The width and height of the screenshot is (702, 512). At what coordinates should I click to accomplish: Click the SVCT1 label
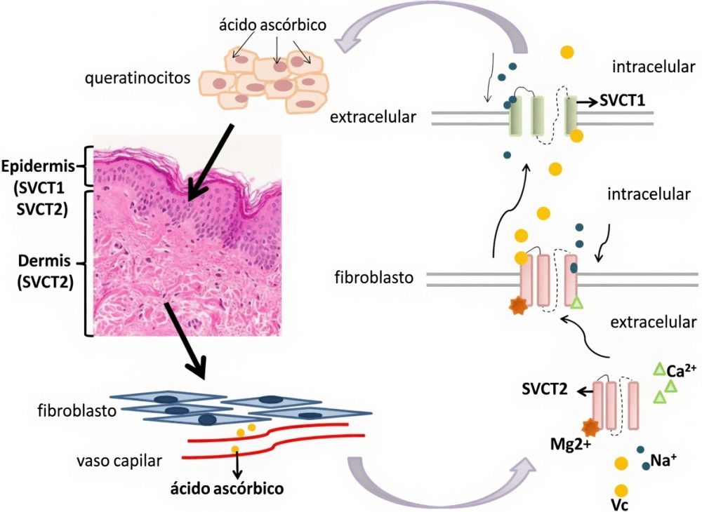coord(622,100)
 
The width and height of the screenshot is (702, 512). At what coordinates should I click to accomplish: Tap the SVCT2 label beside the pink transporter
coord(545,389)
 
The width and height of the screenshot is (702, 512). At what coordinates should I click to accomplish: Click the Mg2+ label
coord(571,444)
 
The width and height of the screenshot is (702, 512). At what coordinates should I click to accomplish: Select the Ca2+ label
coord(682,370)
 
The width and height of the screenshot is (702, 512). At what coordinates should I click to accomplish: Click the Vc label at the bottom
coord(620,505)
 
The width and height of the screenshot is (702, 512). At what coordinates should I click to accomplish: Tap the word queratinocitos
coord(138,79)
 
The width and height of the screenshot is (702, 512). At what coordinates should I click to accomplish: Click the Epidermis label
coord(38,166)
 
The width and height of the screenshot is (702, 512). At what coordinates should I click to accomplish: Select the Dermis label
coord(44,260)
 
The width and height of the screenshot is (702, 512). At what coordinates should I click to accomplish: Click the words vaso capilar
coord(119,461)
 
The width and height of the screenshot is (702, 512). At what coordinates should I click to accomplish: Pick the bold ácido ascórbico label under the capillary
coord(227,488)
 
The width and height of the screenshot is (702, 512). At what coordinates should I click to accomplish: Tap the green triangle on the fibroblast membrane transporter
coord(577,303)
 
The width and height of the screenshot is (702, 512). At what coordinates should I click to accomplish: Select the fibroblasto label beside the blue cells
coord(77,410)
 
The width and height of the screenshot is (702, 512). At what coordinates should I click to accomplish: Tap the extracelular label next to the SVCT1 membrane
coord(373,117)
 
